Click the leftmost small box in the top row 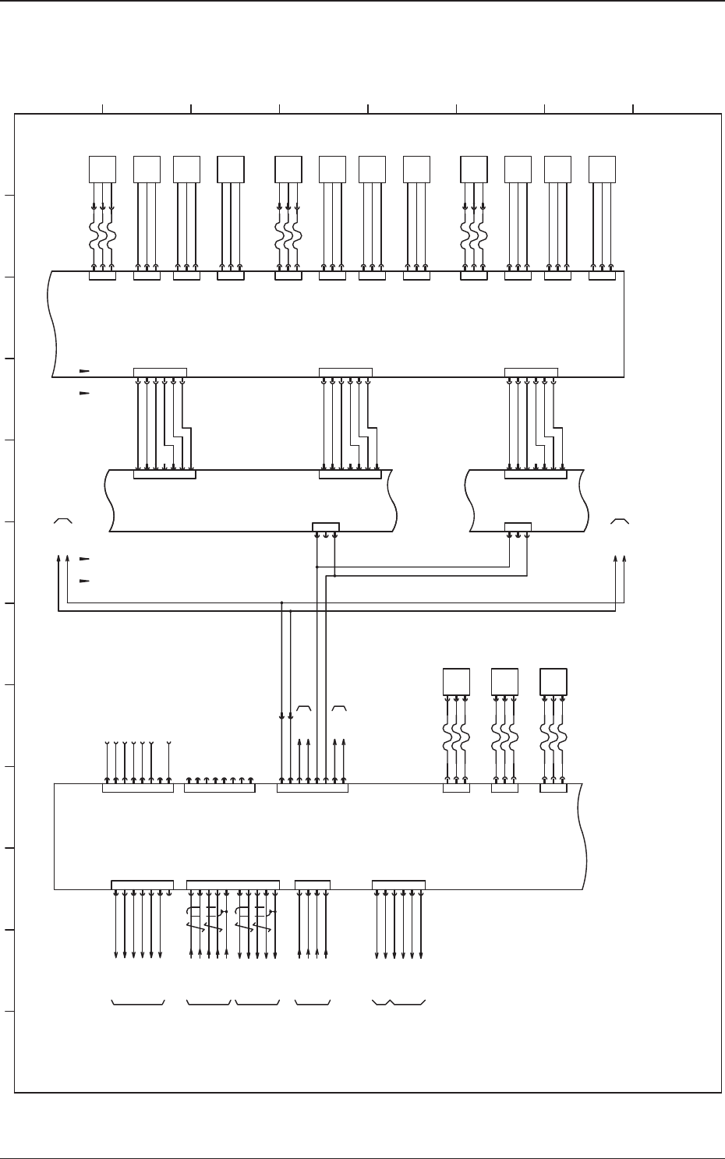102,169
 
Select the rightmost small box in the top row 602,169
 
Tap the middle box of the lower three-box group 504,682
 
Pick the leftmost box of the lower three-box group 456,682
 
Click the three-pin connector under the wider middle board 325,527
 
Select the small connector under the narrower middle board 518,527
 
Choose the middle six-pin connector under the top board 345,372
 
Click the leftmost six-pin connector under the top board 160,372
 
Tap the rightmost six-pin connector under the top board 531,372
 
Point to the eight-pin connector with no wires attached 219,788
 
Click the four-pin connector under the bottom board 313,884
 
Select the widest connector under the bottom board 233,884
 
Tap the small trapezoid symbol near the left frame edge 63,520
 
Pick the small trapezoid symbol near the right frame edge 620,520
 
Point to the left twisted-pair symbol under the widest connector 207,920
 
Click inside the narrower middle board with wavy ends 526,499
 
